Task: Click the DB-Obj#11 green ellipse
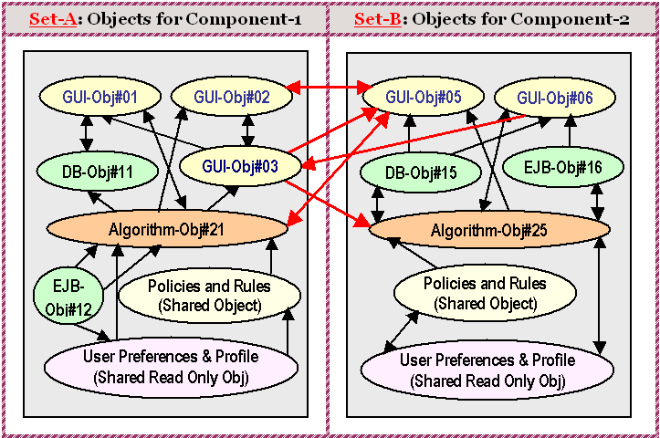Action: pos(86,171)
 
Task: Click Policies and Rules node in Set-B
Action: pos(484,293)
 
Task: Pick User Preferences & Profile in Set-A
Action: pos(171,365)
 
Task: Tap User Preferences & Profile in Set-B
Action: pos(487,369)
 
